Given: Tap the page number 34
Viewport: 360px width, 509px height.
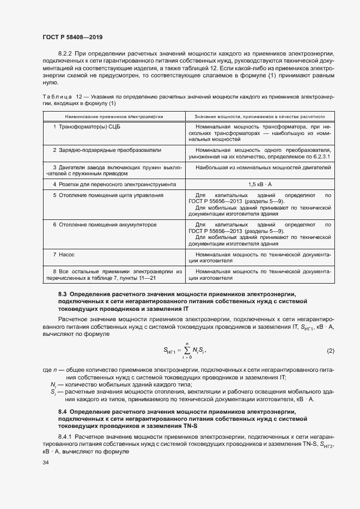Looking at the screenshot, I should (x=46, y=463).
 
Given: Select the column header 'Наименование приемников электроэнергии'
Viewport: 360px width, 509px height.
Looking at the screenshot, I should (x=114, y=116).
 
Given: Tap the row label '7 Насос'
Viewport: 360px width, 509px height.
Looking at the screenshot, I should (x=63, y=254).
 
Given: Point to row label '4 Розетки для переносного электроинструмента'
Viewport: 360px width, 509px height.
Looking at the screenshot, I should (x=114, y=185).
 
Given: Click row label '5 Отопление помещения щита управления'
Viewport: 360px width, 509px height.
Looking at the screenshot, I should (x=107, y=195).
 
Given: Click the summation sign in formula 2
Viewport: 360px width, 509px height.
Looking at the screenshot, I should (x=189, y=350).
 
